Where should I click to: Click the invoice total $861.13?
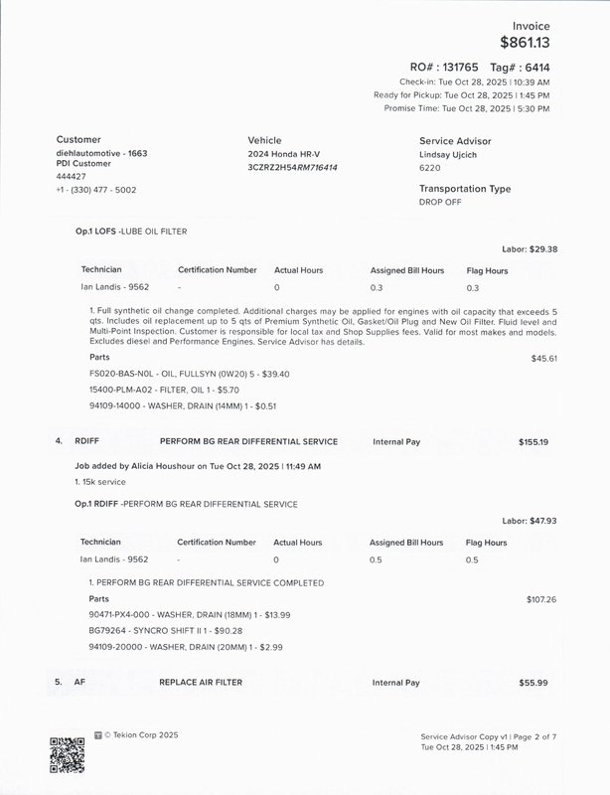[525, 42]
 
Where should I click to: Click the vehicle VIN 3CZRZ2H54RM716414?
[292, 167]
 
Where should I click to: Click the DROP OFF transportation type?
[440, 202]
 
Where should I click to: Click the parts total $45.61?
[543, 358]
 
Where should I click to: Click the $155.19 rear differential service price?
[533, 441]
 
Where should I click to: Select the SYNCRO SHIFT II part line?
[165, 630]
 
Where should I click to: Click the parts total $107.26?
[540, 599]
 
